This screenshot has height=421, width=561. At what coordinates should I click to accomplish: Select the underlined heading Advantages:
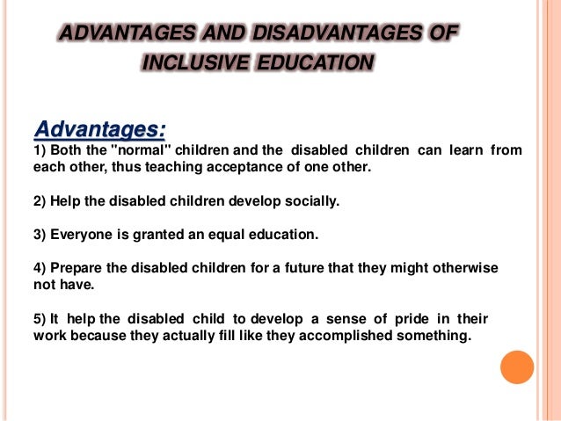(99, 129)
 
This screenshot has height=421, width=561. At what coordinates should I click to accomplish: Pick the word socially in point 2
(312, 201)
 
